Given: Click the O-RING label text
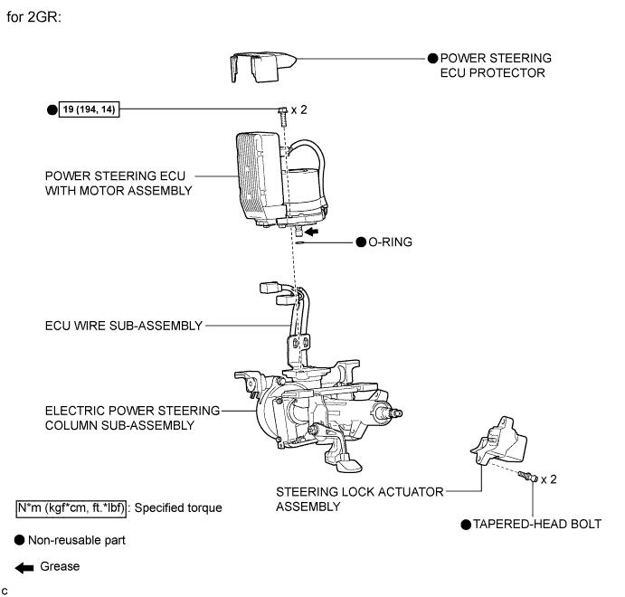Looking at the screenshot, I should tap(390, 242).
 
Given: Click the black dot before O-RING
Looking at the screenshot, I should tap(359, 242).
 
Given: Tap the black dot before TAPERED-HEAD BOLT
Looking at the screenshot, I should tap(466, 524).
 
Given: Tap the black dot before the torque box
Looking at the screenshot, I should tap(51, 109).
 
